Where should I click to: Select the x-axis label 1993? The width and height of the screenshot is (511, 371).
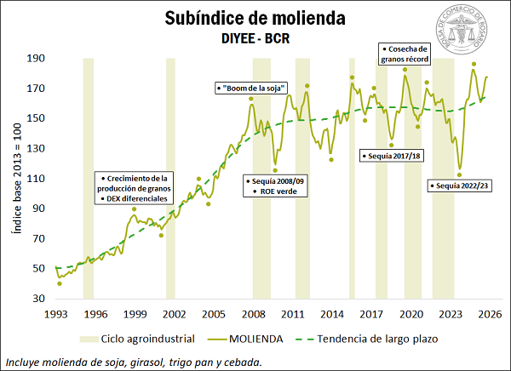56,313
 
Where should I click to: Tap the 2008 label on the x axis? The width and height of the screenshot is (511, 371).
250,313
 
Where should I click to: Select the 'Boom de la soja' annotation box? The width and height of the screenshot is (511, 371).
251,88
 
